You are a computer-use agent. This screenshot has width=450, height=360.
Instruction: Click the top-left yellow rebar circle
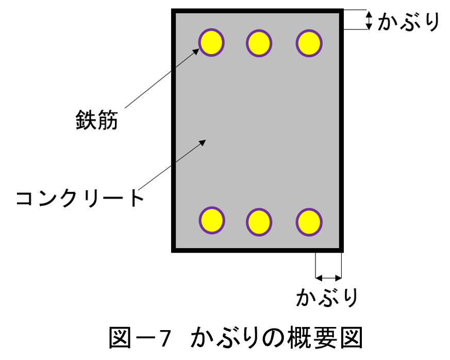click(x=211, y=42)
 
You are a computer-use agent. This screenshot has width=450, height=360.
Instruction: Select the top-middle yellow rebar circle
click(x=259, y=43)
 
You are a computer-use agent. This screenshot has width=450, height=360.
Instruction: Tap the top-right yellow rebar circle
click(x=309, y=43)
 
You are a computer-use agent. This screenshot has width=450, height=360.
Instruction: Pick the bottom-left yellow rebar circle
click(x=212, y=220)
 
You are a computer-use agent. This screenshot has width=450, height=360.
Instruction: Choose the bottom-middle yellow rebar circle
click(x=259, y=222)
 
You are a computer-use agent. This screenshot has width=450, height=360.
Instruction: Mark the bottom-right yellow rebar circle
click(x=309, y=222)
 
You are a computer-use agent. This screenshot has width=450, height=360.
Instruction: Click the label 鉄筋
click(x=97, y=120)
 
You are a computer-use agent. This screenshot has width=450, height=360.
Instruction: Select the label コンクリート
click(x=80, y=198)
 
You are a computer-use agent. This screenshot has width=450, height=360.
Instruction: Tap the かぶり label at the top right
click(x=409, y=22)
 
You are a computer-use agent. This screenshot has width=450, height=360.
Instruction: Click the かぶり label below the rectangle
click(x=327, y=297)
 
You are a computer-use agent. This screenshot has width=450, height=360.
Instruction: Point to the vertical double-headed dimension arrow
click(x=369, y=20)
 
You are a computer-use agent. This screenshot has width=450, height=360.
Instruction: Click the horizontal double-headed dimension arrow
click(x=328, y=278)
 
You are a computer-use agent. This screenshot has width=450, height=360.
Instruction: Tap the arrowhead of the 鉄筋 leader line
click(x=196, y=52)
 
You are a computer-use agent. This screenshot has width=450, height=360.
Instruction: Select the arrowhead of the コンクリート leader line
click(x=203, y=142)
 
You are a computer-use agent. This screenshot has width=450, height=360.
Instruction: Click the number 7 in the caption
click(x=165, y=338)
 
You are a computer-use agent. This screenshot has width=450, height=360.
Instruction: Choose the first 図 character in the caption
click(x=120, y=338)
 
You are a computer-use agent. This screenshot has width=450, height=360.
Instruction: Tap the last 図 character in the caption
click(x=352, y=338)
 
